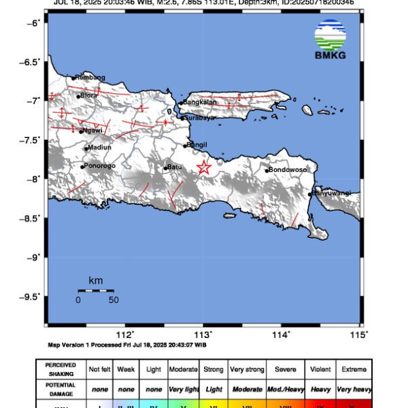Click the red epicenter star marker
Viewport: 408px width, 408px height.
(x=203, y=168)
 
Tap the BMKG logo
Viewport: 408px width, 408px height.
(x=330, y=39)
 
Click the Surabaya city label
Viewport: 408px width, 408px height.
(x=201, y=118)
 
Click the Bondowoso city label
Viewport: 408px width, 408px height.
(x=288, y=169)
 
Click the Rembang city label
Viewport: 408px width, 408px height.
(x=90, y=78)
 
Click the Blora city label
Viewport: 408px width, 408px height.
(x=89, y=95)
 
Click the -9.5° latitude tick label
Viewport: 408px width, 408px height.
(x=30, y=296)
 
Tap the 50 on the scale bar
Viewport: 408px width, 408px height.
(x=114, y=299)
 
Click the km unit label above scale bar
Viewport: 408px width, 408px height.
(x=95, y=280)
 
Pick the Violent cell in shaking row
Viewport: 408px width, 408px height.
(x=321, y=369)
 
